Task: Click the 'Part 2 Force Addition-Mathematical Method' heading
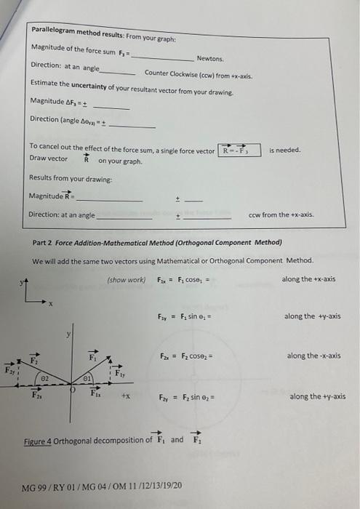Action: click(158, 242)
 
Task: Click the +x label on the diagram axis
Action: click(125, 398)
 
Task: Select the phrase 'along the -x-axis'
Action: click(313, 356)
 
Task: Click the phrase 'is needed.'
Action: click(285, 150)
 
